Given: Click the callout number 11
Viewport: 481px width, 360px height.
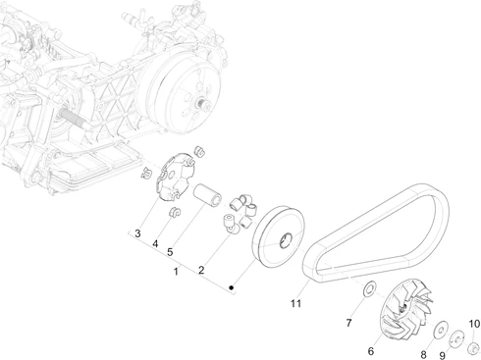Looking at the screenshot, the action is click(295, 303).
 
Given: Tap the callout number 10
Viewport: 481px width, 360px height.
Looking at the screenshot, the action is click(474, 324).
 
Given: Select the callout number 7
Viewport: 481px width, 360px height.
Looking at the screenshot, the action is click(348, 323).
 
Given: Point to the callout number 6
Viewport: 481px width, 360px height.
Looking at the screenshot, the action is click(371, 351).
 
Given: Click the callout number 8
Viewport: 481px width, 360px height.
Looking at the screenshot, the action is click(423, 354).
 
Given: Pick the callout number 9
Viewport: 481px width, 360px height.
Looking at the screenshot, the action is click(443, 355).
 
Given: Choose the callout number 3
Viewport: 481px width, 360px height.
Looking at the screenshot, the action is click(137, 233).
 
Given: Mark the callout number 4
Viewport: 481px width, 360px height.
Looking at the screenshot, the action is click(155, 244).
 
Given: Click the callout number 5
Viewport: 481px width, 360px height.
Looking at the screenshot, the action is click(170, 252).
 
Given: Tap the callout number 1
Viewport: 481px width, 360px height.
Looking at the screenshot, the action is click(176, 272).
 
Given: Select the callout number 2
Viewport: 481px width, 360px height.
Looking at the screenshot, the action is click(201, 270).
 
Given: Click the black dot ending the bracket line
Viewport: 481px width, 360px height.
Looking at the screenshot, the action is click(232, 287).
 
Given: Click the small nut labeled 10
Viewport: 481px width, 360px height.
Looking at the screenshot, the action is click(473, 347).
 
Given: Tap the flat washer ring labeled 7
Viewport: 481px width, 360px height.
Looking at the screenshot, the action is click(370, 288).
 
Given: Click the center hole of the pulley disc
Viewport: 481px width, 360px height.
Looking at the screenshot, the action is click(286, 240).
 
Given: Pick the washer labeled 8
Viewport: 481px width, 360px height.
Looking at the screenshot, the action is click(441, 329).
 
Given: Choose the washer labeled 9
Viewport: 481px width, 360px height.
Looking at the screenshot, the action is click(456, 338).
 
